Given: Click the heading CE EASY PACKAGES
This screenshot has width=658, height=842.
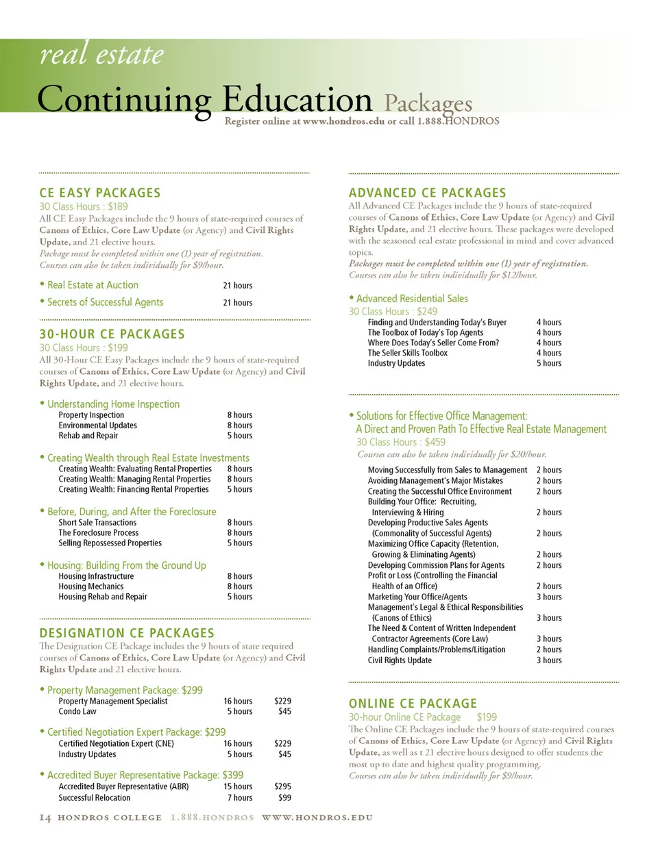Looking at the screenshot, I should point(100,193).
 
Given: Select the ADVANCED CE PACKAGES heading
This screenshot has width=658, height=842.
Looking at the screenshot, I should point(427,193).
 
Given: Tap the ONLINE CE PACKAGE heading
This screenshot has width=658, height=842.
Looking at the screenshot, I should point(413,703).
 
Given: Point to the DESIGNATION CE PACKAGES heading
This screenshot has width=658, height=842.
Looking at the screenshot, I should point(127,632).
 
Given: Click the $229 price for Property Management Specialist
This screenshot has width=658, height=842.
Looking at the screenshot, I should point(283,701).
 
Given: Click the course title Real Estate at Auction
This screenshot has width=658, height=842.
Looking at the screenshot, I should point(93,285).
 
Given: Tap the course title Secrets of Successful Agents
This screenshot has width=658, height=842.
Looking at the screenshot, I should point(105,302).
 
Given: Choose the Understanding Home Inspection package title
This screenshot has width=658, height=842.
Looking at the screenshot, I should point(113,404).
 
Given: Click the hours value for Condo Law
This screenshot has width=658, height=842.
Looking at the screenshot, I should point(239,711).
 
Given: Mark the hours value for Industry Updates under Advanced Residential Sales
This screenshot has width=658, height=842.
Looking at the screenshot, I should point(548,363).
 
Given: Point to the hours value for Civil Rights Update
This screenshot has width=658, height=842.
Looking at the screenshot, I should point(548,660).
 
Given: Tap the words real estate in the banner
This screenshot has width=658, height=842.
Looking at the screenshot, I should point(101,55).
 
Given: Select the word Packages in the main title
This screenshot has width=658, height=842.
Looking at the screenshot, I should point(428,104).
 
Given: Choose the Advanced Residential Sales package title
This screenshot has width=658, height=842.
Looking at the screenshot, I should point(412,299).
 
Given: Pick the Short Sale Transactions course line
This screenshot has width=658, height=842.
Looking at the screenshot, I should point(97,522).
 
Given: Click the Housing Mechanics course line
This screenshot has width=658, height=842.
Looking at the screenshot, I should point(91,586).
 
